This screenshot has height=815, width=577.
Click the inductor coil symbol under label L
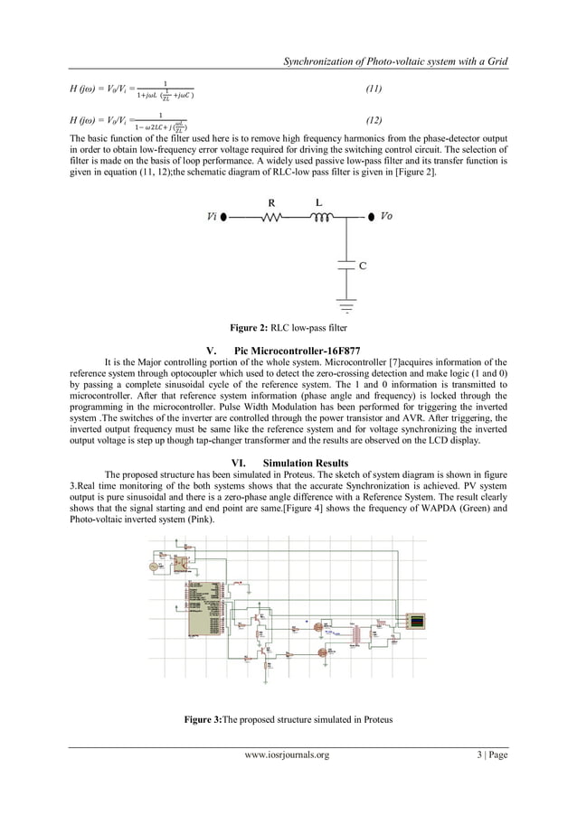click(x=319, y=217)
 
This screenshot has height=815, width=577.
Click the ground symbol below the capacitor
click(x=345, y=302)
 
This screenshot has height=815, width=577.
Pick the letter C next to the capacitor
click(x=363, y=267)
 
